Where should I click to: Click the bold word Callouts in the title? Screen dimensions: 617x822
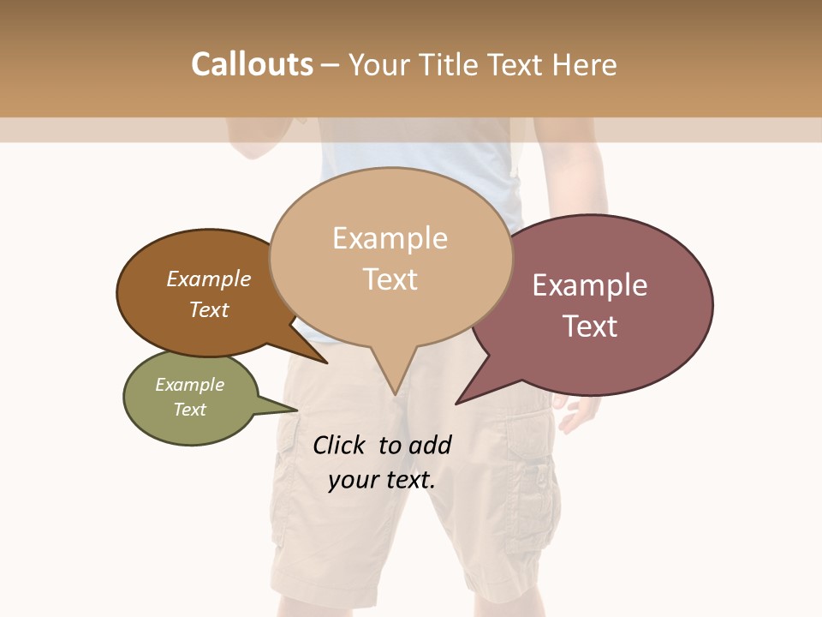point(252,64)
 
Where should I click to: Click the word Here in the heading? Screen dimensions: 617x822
point(583,64)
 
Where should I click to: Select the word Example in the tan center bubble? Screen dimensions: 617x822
point(390,238)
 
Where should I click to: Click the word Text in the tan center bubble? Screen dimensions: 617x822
point(390,279)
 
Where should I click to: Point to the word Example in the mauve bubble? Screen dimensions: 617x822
point(590,285)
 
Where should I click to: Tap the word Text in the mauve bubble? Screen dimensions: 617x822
point(590,326)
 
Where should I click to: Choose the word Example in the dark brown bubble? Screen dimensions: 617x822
point(208,279)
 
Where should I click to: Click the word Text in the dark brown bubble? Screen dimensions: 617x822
point(208,309)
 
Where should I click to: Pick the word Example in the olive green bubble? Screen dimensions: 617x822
point(189,385)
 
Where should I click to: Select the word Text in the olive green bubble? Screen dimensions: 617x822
point(189,410)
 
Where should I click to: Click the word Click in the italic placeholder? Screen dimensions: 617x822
point(338,445)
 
